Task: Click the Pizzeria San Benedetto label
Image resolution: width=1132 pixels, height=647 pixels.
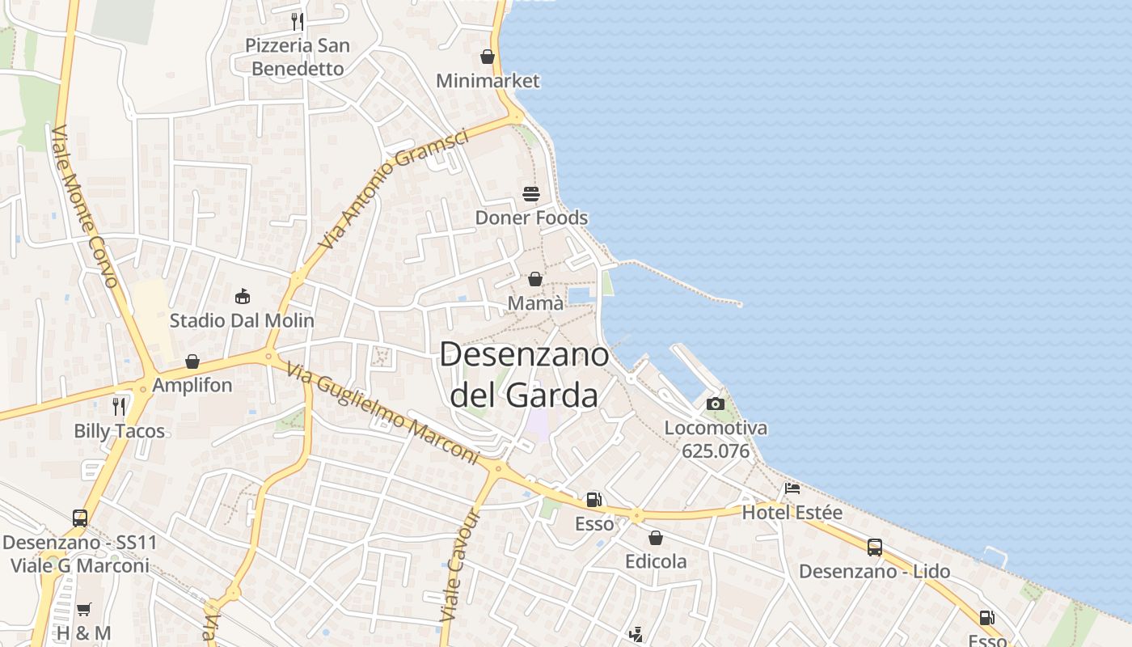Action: coord(297,57)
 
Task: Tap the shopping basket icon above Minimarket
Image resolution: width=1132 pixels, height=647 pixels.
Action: coord(488,57)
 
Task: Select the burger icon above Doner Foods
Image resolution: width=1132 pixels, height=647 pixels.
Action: coord(531,193)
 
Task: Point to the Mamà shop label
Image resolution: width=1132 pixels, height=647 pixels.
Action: coord(535,303)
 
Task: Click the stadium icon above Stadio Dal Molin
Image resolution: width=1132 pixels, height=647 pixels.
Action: coord(242,297)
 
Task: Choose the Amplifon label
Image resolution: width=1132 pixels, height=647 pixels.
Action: coord(192,385)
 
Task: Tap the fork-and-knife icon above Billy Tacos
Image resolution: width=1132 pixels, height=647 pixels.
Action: coord(120,406)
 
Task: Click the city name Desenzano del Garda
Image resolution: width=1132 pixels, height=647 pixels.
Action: coord(524,374)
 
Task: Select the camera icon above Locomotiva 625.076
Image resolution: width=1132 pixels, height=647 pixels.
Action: coord(716,404)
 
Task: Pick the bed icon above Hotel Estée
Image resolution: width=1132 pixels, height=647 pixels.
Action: coord(792,488)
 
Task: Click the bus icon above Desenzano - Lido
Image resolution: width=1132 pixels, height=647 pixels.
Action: coord(874,548)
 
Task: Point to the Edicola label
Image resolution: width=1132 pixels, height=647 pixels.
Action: coord(656,561)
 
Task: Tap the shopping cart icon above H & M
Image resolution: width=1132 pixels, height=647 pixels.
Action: coord(84,609)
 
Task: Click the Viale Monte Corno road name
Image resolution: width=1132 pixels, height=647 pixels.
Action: coord(85,207)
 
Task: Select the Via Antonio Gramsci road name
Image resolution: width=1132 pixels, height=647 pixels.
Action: coord(394,188)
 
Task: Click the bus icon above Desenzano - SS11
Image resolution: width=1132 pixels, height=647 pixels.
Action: coord(80,518)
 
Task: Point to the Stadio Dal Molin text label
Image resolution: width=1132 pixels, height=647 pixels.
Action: coord(242,320)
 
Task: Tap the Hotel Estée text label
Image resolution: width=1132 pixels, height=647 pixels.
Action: coord(792,513)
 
